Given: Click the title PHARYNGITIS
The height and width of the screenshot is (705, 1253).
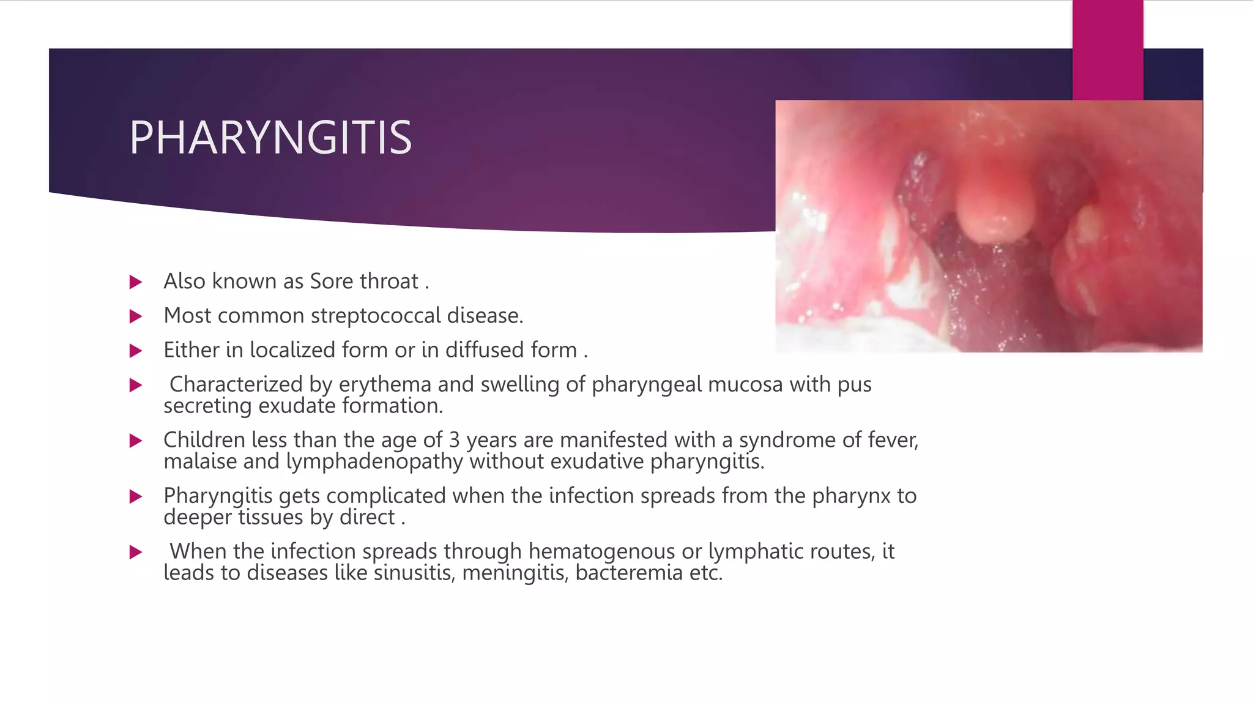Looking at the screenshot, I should (x=270, y=138).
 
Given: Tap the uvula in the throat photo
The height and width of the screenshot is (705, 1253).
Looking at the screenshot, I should (x=995, y=208).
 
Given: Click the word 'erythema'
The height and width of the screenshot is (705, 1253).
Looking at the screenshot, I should (x=385, y=384).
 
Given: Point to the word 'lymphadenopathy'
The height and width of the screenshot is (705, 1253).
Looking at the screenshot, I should (x=374, y=461).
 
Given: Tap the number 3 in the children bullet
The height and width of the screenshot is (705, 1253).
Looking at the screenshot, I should (x=454, y=440).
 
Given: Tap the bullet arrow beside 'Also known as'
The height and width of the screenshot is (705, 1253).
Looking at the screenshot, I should (x=136, y=282).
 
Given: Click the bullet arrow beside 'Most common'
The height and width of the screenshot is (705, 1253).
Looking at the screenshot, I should (x=136, y=316).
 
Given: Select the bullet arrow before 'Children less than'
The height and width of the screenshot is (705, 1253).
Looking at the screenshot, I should (x=136, y=441).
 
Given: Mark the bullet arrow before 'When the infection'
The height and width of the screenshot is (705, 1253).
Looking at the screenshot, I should (x=136, y=552).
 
